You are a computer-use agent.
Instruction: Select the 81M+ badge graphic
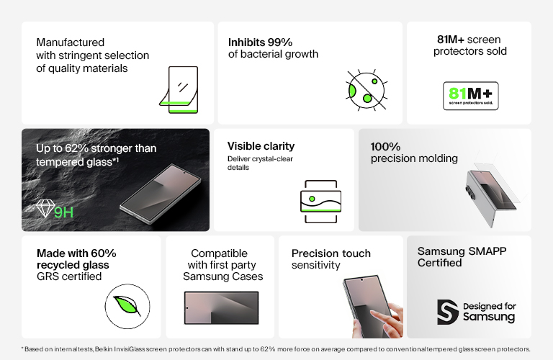click(469, 95)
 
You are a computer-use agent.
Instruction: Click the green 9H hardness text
click(64, 212)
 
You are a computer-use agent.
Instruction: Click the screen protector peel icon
click(178, 90)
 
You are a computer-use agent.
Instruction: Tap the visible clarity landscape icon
click(320, 197)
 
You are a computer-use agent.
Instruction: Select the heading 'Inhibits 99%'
click(261, 42)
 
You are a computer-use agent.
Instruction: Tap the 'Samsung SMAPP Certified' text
click(459, 257)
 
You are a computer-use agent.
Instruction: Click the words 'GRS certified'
click(69, 276)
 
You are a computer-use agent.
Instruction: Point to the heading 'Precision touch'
click(331, 253)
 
